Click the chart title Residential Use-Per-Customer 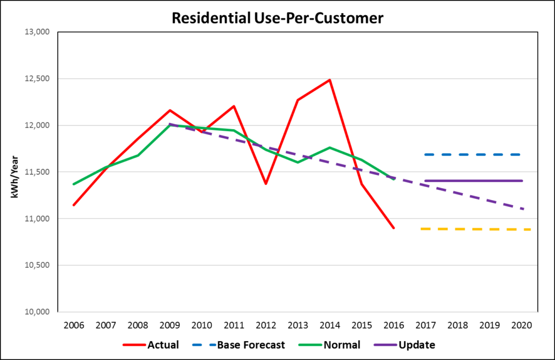tap(277, 17)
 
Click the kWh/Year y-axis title tap(15, 172)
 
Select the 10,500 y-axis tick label tap(38, 266)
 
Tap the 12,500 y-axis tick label tap(38, 79)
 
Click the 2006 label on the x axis tap(74, 326)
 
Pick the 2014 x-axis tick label tap(330, 326)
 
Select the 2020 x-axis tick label tap(521, 326)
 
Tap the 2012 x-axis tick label tap(266, 326)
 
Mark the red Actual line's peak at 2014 tap(330, 80)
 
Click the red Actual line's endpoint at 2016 tap(393, 228)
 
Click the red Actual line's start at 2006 tap(74, 205)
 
